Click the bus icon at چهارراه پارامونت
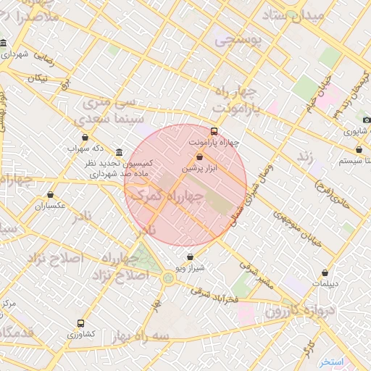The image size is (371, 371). point(214,132)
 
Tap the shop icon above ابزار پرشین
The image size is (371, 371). point(200,157)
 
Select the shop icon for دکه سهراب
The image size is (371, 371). point(86,137)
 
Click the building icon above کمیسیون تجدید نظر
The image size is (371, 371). point(119,152)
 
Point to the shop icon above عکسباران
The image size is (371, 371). point(50,194)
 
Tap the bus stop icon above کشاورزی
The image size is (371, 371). point(80,324)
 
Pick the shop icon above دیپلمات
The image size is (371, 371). point(325,273)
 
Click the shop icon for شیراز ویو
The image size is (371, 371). point(190,257)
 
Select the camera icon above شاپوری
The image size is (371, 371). point(367,120)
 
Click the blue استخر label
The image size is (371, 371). point(335,361)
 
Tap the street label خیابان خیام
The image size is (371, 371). point(320,94)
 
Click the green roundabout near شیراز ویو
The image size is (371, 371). point(169,278)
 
